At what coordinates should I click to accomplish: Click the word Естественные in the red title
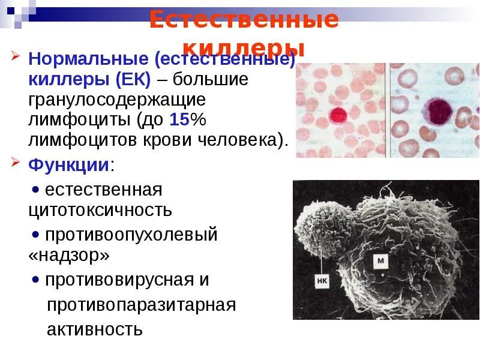pos(244,20)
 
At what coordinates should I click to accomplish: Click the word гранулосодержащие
pos(117,100)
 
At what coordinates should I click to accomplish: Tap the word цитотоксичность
pos(100,210)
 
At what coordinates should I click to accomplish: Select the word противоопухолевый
pos(131,235)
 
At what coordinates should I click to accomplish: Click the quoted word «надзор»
pos(69,256)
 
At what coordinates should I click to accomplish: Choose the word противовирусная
pos(119,280)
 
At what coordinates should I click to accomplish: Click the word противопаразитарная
pos(141,305)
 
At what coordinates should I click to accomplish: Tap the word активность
pos(95,329)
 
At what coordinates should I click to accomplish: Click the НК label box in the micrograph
pos(321,280)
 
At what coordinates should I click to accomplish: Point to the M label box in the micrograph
pos(380,260)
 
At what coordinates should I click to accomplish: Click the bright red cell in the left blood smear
pos(338,115)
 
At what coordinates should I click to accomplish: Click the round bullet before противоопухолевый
pos(36,234)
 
